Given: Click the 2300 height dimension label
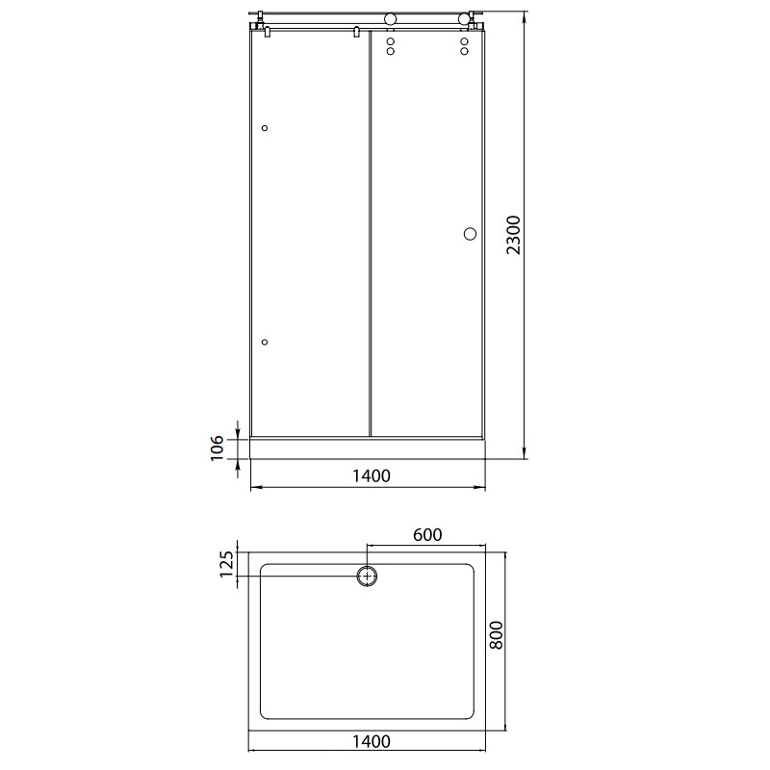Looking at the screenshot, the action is pos(513,235).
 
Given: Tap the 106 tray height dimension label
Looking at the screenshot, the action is pos(218,448).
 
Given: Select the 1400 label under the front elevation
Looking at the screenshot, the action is pos(372,475).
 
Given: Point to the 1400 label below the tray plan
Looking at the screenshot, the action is pos(372,741).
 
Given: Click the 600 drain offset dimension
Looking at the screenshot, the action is pos(427,535).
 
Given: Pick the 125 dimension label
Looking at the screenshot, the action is pos(226,564).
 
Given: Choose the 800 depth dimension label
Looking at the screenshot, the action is pos(497,635).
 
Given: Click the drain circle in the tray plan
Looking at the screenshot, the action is pos(367,576).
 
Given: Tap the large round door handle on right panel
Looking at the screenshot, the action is pos(470,234).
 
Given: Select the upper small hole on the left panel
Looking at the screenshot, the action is pos(265,128).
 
